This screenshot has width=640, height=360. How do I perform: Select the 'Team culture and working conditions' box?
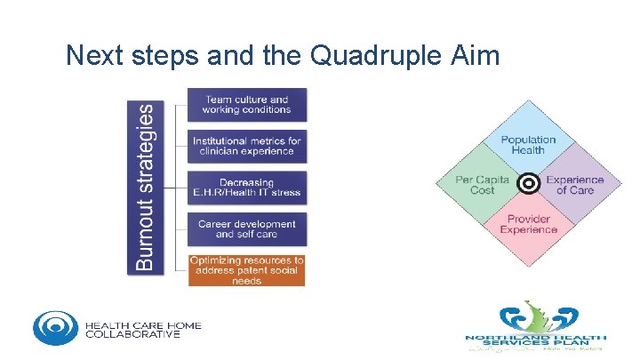point(246,105)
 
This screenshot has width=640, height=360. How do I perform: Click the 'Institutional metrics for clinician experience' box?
point(246,146)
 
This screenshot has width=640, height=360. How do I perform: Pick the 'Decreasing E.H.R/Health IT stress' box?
point(246,188)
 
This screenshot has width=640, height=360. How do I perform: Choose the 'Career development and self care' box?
point(246,228)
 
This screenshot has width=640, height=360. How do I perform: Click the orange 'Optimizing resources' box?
point(246,270)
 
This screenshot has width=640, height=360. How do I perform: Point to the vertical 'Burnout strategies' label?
point(151,187)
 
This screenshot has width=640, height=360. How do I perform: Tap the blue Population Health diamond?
point(528,142)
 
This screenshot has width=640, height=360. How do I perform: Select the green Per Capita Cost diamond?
point(477,184)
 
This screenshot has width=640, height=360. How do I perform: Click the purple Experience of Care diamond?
point(575,184)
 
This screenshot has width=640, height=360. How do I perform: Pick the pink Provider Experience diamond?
point(528,226)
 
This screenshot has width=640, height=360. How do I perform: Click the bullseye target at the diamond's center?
point(528,183)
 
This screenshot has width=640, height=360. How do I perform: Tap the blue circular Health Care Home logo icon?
point(55,327)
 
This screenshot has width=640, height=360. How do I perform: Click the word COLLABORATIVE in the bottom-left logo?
point(132,334)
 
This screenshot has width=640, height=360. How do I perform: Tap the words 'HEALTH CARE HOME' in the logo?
point(143,324)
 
